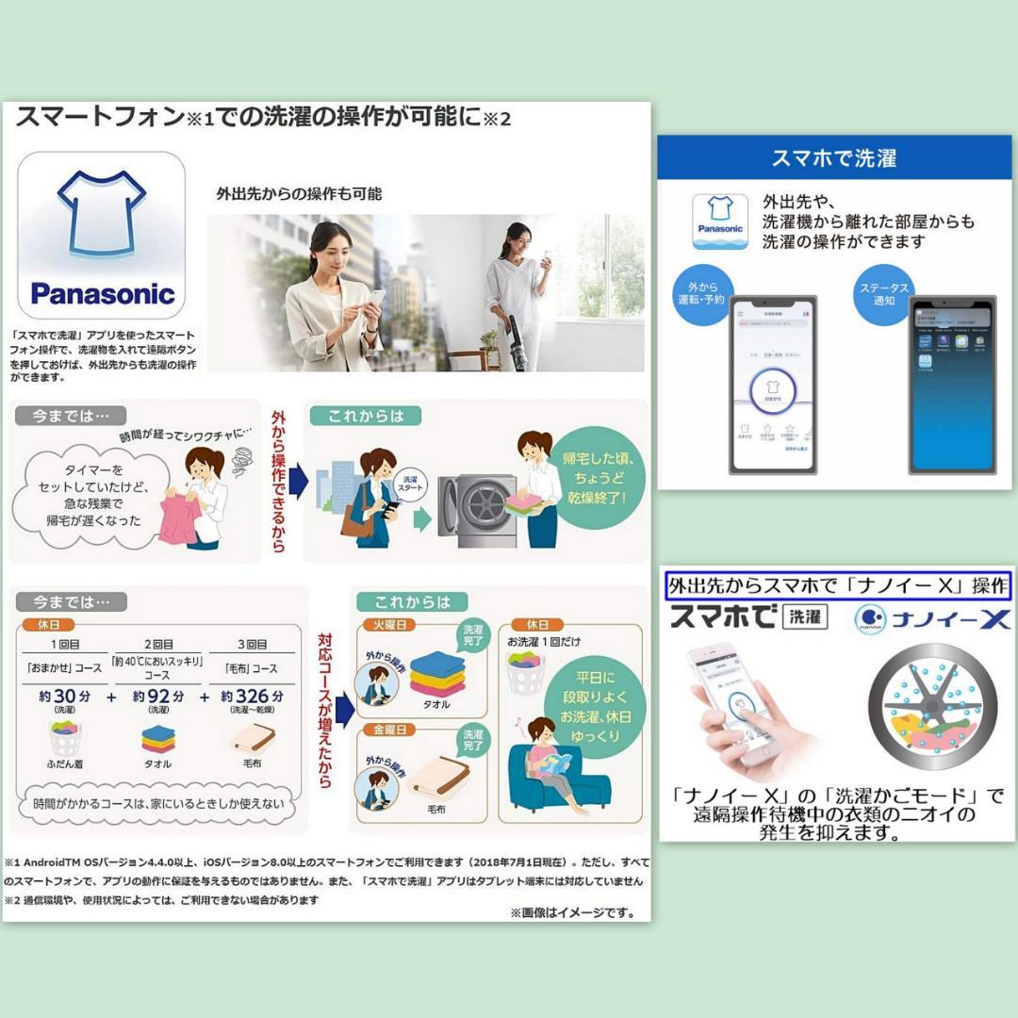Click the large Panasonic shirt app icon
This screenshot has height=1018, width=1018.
(x=102, y=236)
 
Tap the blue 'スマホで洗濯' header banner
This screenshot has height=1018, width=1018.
(x=834, y=157)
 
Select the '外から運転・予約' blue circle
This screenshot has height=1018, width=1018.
(x=701, y=295)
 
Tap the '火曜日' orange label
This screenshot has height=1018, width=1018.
(x=388, y=625)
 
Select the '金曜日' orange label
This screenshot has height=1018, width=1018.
(x=388, y=729)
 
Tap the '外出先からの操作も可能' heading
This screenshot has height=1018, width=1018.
(x=298, y=194)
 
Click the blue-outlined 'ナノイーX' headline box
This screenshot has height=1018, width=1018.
(x=838, y=585)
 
